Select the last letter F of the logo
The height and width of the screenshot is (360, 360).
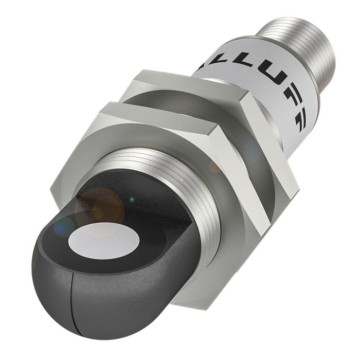coord(295,113)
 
